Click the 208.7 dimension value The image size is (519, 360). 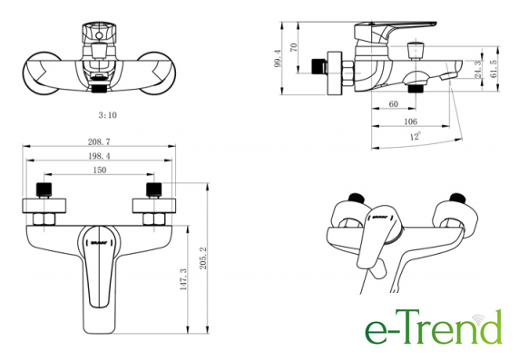coord(99,141)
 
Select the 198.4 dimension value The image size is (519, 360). coord(99,156)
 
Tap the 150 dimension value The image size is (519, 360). coord(99,170)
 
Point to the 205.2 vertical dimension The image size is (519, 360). coord(203,258)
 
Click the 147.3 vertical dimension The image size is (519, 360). coord(183,279)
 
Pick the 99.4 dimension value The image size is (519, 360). coord(278,59)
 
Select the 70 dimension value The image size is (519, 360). coord(294,47)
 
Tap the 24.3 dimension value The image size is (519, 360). coord(478,69)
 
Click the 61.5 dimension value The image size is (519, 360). coord(494,69)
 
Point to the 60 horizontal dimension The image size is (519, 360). coord(393,104)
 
